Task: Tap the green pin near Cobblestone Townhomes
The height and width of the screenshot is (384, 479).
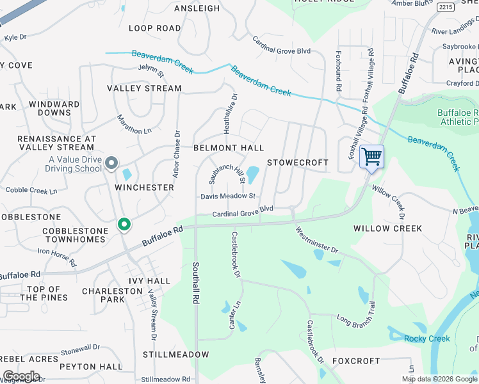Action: pyautogui.click(x=124, y=225)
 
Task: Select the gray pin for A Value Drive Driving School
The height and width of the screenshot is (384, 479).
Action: pyautogui.click(x=111, y=163)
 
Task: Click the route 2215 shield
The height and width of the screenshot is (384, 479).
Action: pyautogui.click(x=446, y=7)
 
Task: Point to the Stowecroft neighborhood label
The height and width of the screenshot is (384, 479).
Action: pyautogui.click(x=297, y=163)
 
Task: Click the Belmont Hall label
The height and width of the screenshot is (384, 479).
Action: pyautogui.click(x=229, y=148)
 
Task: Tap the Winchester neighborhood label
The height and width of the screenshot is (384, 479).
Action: pyautogui.click(x=144, y=188)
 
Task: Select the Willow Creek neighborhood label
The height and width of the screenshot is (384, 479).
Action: pyautogui.click(x=387, y=228)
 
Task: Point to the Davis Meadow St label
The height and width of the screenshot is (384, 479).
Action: pyautogui.click(x=228, y=196)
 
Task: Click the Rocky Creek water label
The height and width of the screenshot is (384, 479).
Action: pyautogui.click(x=426, y=339)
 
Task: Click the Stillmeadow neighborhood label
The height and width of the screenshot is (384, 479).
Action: pyautogui.click(x=175, y=355)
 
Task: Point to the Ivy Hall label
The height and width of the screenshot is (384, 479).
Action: pyautogui.click(x=149, y=280)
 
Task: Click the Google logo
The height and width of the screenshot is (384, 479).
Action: pyautogui.click(x=21, y=376)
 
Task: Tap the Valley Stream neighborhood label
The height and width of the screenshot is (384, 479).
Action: pyautogui.click(x=144, y=88)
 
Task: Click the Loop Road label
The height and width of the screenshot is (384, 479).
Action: pyautogui.click(x=155, y=28)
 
